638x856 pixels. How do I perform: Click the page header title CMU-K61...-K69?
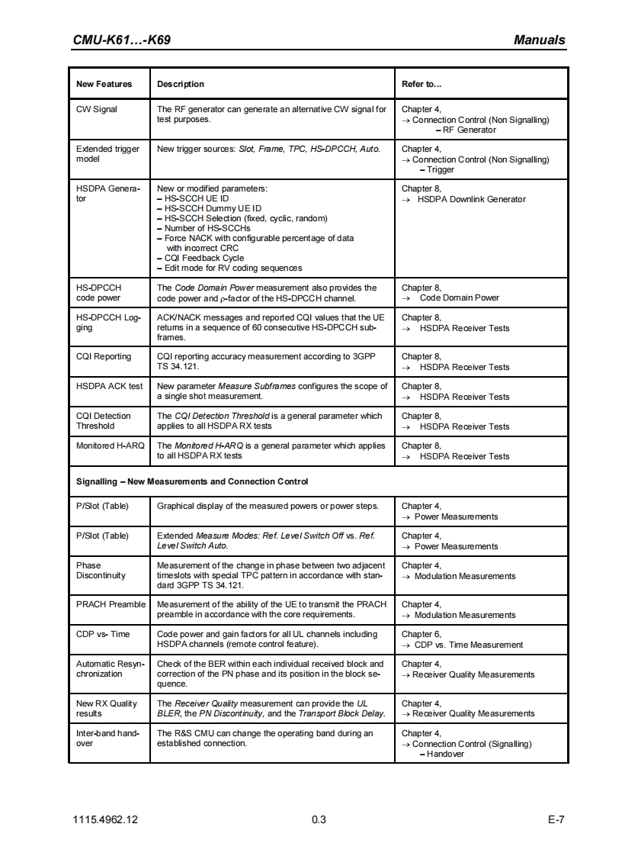(x=121, y=40)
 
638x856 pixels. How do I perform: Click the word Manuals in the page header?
(x=539, y=40)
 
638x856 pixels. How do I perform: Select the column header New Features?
(x=104, y=84)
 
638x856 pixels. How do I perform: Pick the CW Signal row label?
(x=97, y=109)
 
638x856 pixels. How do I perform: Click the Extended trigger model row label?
(x=107, y=154)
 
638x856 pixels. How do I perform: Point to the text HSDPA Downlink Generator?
(x=472, y=199)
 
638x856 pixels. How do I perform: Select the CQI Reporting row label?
(x=104, y=356)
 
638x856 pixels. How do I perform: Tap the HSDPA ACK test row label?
(x=109, y=386)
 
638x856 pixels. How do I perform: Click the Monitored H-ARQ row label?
(x=110, y=446)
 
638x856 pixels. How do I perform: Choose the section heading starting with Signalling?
(x=192, y=481)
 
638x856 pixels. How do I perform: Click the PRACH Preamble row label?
(x=111, y=604)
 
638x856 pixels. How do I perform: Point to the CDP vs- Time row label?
(x=103, y=634)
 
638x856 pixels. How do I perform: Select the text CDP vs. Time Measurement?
(x=468, y=645)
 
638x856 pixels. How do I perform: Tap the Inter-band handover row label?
(x=108, y=738)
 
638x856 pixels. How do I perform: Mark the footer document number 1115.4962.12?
(x=106, y=820)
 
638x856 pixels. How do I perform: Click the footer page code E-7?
(x=555, y=820)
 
